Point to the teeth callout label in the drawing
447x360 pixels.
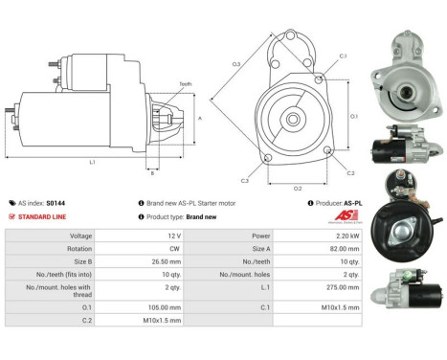pyautogui.click(x=185, y=84)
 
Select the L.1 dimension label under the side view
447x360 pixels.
pyautogui.click(x=92, y=162)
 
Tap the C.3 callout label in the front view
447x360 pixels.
pyautogui.click(x=245, y=180)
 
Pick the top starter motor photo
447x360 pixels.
pyautogui.click(x=407, y=77)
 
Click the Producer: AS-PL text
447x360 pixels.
pyautogui.click(x=337, y=203)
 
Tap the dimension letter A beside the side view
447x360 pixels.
pyautogui.click(x=199, y=118)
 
